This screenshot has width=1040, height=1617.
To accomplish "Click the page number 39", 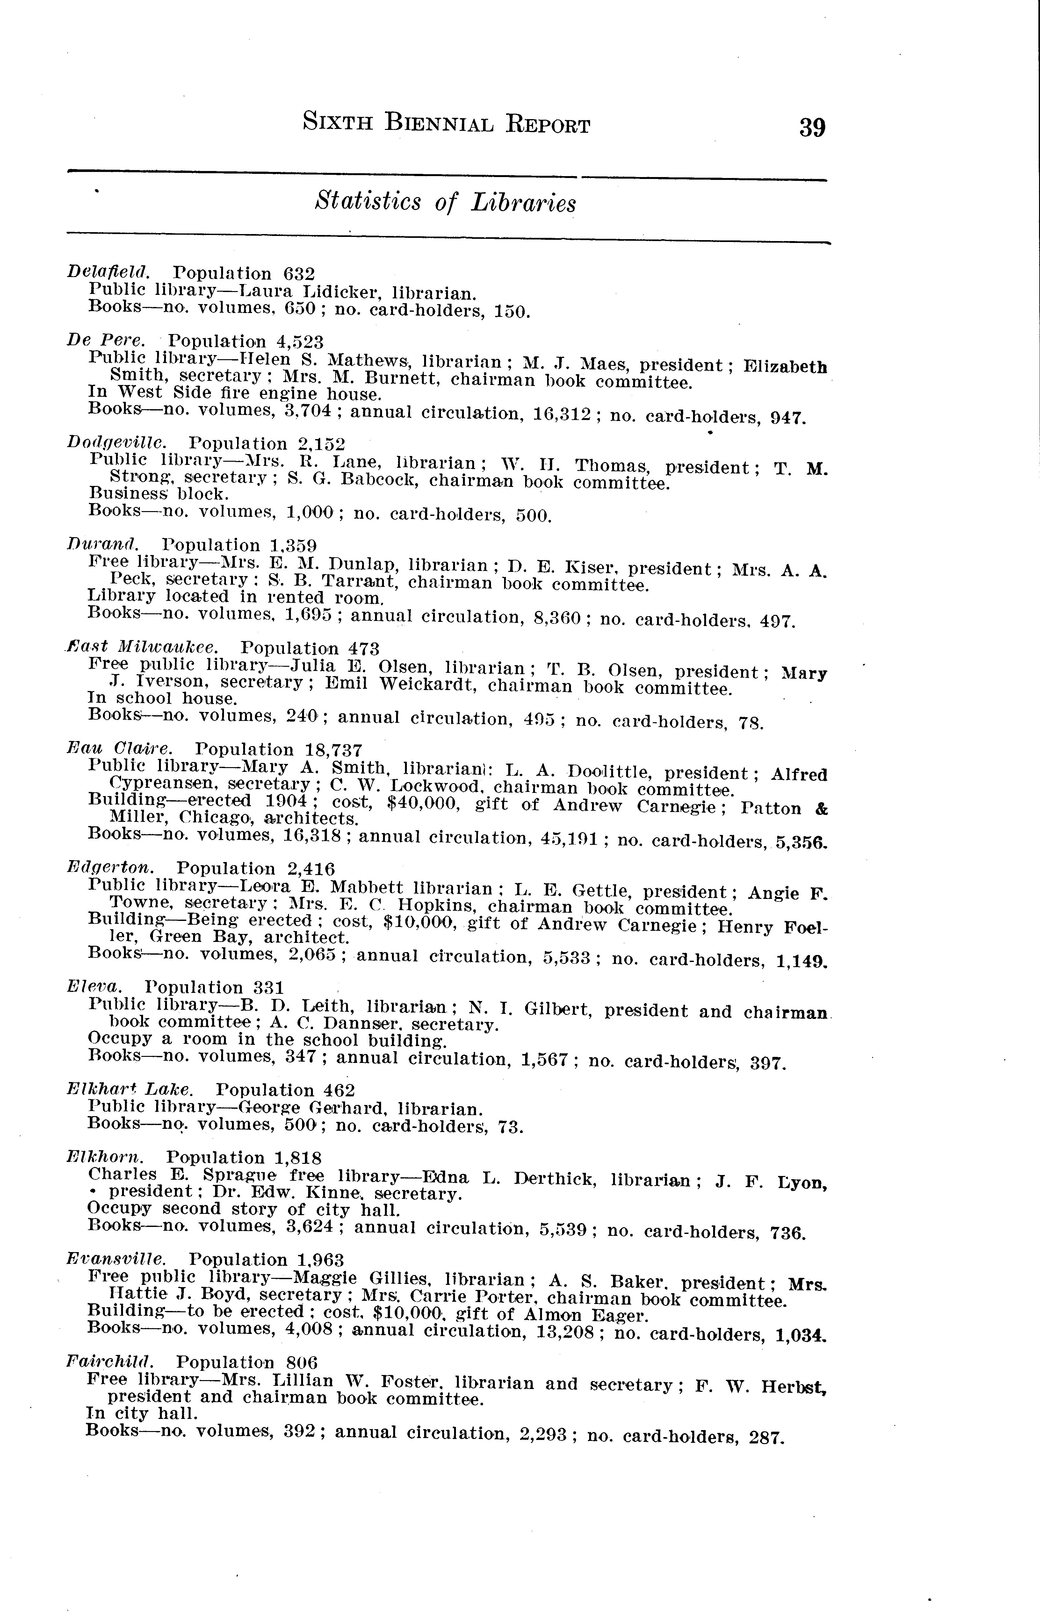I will [812, 127].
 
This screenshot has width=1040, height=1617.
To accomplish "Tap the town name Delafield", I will [108, 272].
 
